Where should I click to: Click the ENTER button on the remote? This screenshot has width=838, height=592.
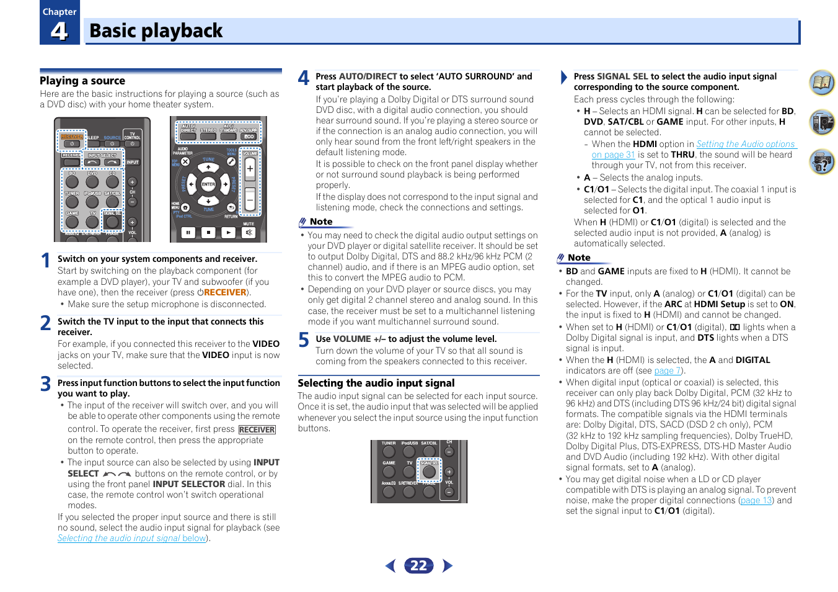pos(208,184)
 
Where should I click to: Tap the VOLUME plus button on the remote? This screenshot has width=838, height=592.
pos(250,168)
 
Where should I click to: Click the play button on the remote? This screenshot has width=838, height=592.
pos(229,233)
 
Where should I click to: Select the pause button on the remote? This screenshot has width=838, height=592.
pos(188,233)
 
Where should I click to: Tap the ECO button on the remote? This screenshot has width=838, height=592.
pos(249,137)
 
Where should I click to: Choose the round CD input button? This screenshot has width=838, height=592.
pos(112,182)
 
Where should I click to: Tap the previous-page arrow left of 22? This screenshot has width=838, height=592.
pos(390,565)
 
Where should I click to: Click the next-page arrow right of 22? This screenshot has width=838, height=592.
pos(448,565)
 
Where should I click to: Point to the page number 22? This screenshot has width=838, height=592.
pos(419,565)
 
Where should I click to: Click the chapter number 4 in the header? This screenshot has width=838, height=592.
pos(60,30)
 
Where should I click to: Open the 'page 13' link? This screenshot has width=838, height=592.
pos(756,501)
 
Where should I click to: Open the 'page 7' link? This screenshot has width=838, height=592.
pos(667,371)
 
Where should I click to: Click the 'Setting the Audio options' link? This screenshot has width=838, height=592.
pos(745,144)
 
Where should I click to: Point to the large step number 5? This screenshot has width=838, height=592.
pos(304,340)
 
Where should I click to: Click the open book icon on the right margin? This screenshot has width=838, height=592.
pos(823,83)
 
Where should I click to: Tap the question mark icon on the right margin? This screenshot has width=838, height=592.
pos(823,163)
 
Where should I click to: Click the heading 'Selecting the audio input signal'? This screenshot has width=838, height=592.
pos(376,383)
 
